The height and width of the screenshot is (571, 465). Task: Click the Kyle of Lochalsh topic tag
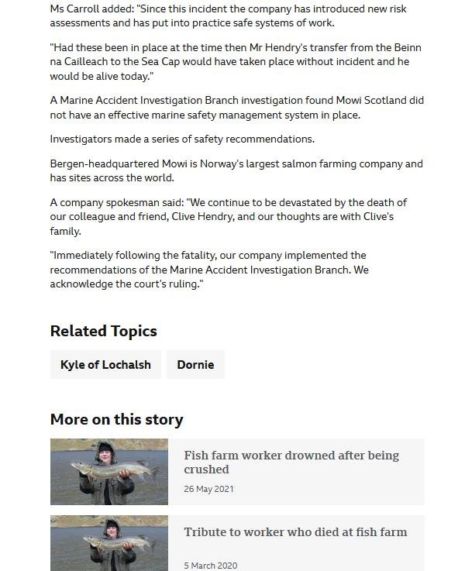pos(105,365)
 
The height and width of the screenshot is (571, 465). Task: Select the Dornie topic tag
pos(195,365)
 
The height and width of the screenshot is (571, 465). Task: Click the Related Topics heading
pos(103,331)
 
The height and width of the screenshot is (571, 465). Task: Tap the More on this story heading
pos(116,419)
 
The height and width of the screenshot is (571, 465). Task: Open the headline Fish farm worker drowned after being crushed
pos(291,462)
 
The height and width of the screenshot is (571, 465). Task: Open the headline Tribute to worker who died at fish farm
pos(295,532)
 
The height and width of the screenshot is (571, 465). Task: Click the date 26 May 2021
pos(208,489)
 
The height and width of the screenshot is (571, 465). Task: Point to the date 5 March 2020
pos(211,566)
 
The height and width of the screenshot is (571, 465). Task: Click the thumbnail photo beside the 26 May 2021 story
pos(108,472)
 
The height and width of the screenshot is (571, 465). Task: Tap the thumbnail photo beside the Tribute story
pos(108,543)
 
